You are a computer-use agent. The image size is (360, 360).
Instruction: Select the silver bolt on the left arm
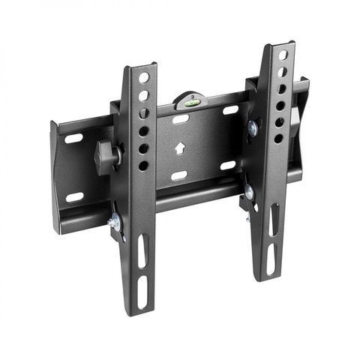click(x=115, y=221)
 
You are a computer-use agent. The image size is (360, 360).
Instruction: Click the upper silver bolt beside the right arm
click(x=253, y=128)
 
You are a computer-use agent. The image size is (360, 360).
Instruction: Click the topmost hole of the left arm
click(x=143, y=77)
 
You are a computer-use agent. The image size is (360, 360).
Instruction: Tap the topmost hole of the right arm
click(x=283, y=55)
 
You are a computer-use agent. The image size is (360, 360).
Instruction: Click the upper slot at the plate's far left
click(x=73, y=139)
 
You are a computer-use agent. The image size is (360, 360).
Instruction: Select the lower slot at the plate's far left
click(x=74, y=197)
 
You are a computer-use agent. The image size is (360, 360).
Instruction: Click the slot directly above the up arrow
click(x=180, y=119)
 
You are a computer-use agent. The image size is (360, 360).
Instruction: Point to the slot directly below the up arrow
click(x=179, y=175)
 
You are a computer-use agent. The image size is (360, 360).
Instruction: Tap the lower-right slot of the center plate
click(x=228, y=165)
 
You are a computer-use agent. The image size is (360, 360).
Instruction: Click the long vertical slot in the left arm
click(x=142, y=250)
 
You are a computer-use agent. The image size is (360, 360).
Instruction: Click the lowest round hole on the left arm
click(x=143, y=164)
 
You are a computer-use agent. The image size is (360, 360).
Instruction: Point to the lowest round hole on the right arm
click(x=278, y=138)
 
